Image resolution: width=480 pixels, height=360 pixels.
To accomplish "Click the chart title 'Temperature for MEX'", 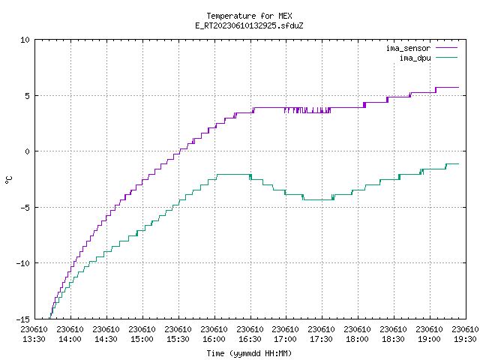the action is [249, 16].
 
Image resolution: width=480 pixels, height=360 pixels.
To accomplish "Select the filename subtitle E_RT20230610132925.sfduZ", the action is [249, 25].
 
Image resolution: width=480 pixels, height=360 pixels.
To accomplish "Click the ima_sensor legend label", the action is [408, 48].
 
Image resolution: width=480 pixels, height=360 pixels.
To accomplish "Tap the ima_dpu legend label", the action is [415, 58].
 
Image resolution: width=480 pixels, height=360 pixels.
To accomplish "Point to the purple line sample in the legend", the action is [447, 48].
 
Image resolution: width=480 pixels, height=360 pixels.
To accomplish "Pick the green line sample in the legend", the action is [447, 58].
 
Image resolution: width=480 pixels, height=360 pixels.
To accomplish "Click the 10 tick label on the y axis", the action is [25, 40].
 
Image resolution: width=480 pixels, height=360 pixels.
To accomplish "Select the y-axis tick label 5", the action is [28, 96].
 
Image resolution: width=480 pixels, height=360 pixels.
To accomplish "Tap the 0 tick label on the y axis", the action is [28, 151].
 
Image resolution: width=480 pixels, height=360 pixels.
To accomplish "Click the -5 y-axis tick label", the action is [25, 208].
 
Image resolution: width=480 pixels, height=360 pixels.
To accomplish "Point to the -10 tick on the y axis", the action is [23, 263].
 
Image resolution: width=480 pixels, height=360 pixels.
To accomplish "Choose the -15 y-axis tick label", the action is [23, 319].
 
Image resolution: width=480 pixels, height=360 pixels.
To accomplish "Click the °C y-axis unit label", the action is [8, 180].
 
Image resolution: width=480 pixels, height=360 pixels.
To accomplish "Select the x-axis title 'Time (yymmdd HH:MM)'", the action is [249, 353].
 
